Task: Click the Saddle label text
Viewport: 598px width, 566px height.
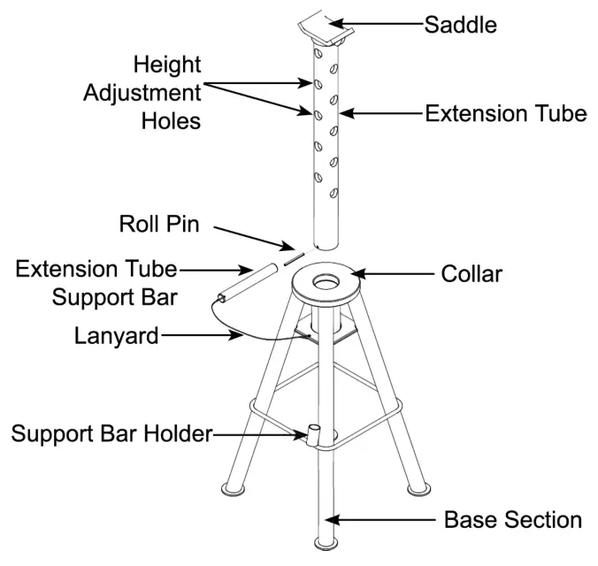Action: [x=460, y=25]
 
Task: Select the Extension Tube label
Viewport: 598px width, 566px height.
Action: [x=505, y=113]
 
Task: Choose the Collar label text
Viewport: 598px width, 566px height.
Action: [x=471, y=274]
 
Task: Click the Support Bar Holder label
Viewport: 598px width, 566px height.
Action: [x=111, y=433]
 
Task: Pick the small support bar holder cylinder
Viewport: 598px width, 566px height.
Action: [x=314, y=434]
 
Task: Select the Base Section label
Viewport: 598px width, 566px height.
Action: [x=512, y=519]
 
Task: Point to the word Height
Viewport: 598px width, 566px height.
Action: [x=167, y=65]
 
